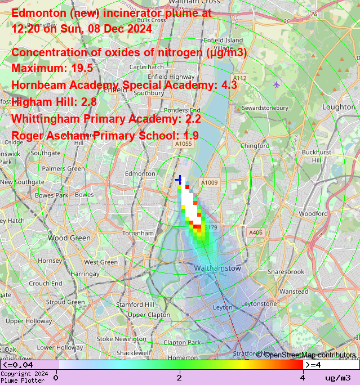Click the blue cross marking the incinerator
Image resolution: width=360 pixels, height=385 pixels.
point(179,180)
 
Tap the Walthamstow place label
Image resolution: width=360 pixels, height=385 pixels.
point(217,268)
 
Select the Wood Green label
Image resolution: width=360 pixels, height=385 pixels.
point(69,238)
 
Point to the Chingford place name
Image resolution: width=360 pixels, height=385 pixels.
point(255,146)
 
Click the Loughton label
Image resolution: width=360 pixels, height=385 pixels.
point(339,107)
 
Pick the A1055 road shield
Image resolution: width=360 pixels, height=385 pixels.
point(183,144)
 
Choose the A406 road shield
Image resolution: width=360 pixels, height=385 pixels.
point(255,232)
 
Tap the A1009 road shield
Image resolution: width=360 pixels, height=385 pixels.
point(210,182)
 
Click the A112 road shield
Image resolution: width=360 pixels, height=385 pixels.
point(239,78)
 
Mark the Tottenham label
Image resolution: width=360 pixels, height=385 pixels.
point(138,233)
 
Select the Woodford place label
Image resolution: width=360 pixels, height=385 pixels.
point(313,214)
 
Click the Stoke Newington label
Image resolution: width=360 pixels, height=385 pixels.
point(121,339)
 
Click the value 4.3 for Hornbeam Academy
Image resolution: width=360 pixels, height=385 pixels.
point(229,85)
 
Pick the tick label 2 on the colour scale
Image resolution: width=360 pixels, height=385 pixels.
point(180,377)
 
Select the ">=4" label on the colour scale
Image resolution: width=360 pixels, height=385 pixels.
point(313,366)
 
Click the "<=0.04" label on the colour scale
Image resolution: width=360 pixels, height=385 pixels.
point(18,366)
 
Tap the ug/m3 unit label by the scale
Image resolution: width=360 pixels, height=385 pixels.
point(338,378)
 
